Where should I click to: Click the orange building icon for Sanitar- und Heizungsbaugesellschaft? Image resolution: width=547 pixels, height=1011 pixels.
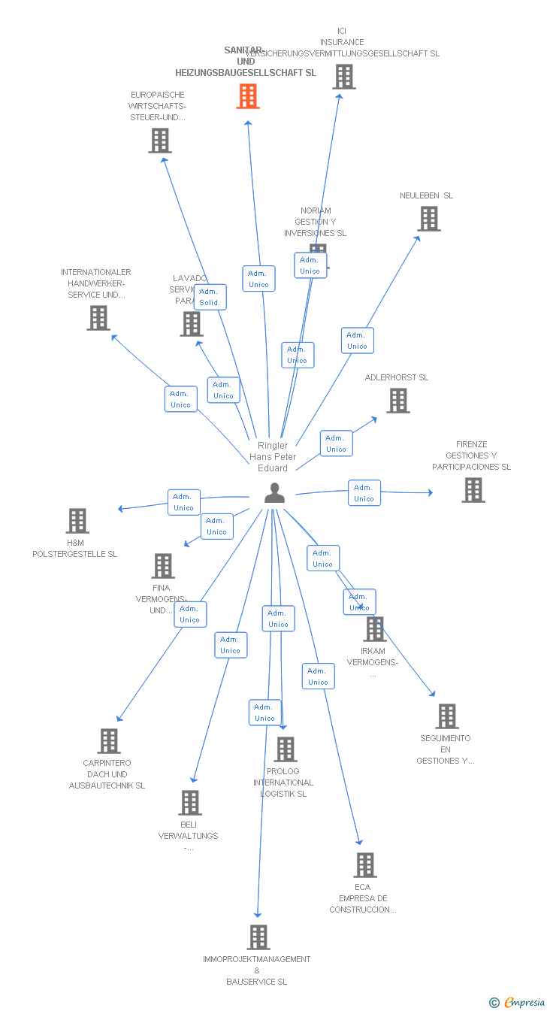(x=248, y=96)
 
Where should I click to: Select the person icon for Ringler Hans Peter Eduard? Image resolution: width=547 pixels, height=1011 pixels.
(x=275, y=493)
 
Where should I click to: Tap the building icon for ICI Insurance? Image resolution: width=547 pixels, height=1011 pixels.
(x=343, y=77)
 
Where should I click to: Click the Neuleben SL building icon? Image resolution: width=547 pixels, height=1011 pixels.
(x=429, y=219)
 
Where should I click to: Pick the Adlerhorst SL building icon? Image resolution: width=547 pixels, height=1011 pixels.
(x=398, y=401)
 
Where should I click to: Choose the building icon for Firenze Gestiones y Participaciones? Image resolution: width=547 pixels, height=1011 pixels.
(x=473, y=490)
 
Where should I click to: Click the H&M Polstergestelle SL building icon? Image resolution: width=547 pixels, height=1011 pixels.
(x=77, y=521)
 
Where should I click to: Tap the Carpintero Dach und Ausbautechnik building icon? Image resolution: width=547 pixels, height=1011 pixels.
(x=109, y=741)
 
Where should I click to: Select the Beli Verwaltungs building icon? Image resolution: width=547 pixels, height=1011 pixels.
(x=190, y=803)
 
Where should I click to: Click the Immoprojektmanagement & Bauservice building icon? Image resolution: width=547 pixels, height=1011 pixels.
(x=258, y=937)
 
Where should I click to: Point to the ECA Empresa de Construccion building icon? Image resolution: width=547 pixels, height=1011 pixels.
(x=365, y=865)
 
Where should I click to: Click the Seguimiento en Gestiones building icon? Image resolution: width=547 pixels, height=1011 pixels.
(x=447, y=716)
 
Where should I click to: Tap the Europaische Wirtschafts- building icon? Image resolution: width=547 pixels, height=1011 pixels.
(x=159, y=141)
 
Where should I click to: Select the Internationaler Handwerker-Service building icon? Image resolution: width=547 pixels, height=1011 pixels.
(x=98, y=318)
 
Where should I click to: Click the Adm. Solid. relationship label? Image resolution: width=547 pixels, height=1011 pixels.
(x=210, y=297)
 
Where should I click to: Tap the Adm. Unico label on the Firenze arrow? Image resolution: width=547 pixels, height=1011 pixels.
(x=364, y=493)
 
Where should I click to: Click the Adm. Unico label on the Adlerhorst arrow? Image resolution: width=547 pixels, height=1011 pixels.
(x=336, y=443)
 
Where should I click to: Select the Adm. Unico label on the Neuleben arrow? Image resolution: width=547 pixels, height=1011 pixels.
(x=357, y=341)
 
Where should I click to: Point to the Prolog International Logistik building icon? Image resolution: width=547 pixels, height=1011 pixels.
(x=286, y=749)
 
